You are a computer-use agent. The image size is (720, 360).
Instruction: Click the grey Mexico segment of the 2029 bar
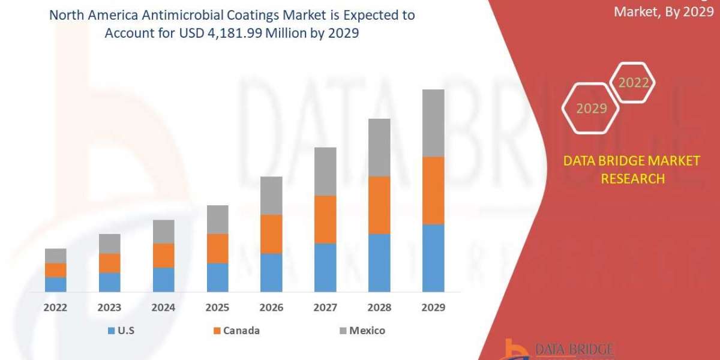pyautogui.click(x=433, y=123)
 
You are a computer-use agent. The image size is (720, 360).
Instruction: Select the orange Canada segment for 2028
pyautogui.click(x=379, y=205)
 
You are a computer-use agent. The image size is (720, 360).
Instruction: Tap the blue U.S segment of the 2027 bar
pyautogui.click(x=325, y=267)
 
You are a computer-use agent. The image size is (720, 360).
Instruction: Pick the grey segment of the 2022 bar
pyautogui.click(x=56, y=256)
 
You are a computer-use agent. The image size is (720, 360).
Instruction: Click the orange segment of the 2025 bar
pyautogui.click(x=217, y=248)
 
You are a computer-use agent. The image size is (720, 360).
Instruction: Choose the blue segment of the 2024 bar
pyautogui.click(x=163, y=280)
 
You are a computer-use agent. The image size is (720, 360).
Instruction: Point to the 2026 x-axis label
pyautogui.click(x=271, y=308)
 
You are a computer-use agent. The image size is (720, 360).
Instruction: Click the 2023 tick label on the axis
pyautogui.click(x=109, y=308)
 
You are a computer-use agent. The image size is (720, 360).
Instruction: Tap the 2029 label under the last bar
pyautogui.click(x=433, y=308)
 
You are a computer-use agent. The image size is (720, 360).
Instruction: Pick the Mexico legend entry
pyautogui.click(x=361, y=331)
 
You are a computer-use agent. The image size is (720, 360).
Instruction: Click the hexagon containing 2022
pyautogui.click(x=633, y=83)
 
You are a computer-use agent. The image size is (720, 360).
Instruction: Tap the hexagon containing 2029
pyautogui.click(x=591, y=109)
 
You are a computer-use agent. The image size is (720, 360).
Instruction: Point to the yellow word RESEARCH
pyautogui.click(x=632, y=179)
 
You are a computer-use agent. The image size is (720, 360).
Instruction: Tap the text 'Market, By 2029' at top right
pyautogui.click(x=664, y=11)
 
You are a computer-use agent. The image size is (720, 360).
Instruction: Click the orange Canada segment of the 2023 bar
pyautogui.click(x=109, y=263)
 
